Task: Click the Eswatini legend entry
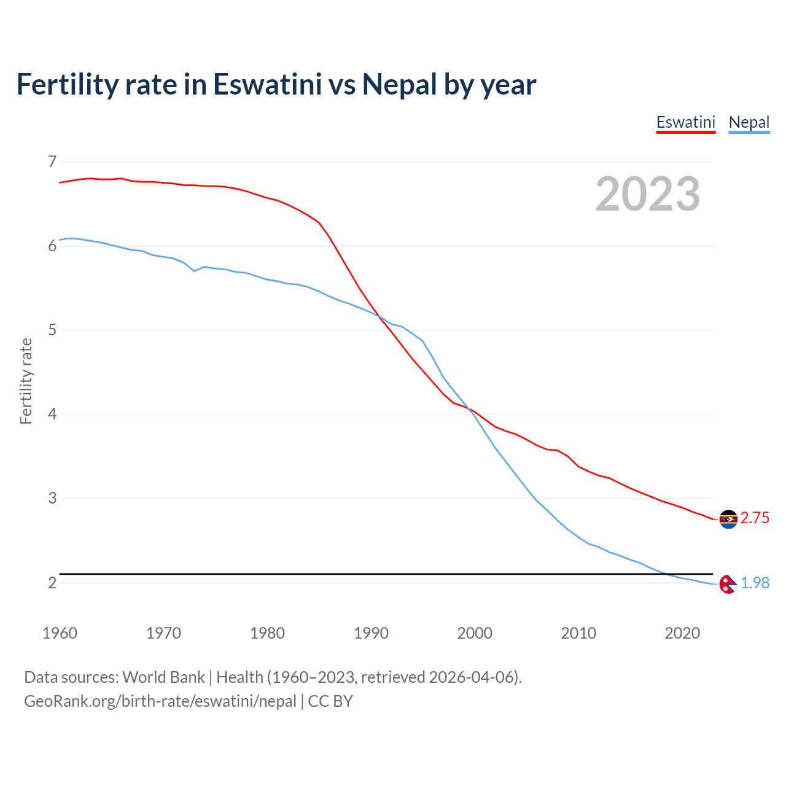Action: click(x=685, y=122)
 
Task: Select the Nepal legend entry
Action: click(x=749, y=122)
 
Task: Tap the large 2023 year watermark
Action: click(x=647, y=194)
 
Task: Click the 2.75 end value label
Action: click(x=755, y=518)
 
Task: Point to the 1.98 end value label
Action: click(x=755, y=583)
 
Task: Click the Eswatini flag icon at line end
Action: click(x=728, y=519)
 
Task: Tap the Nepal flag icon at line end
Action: click(x=728, y=584)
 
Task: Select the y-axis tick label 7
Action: click(x=52, y=162)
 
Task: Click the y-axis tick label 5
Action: click(x=52, y=330)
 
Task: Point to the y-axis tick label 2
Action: click(x=52, y=583)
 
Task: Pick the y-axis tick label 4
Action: click(x=52, y=414)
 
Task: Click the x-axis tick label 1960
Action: click(x=60, y=633)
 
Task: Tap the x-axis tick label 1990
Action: click(x=371, y=633)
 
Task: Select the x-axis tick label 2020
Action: click(x=682, y=633)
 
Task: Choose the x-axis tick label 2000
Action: click(x=475, y=633)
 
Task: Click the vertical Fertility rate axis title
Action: click(x=26, y=381)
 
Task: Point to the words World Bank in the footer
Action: click(x=163, y=677)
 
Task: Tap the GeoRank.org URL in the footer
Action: click(x=160, y=701)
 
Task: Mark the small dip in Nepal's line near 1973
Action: click(x=194, y=270)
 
